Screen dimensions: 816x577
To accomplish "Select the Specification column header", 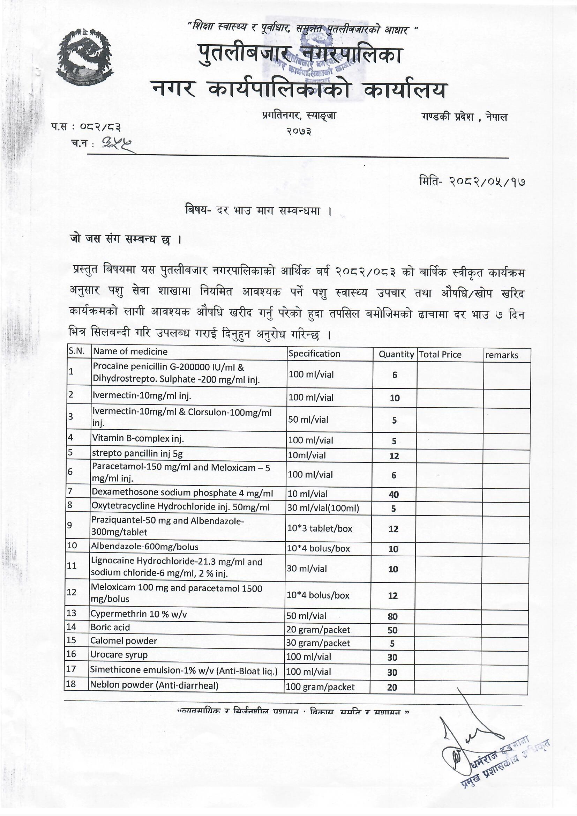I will click(314, 354).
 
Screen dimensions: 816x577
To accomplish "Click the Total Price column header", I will click(440, 354).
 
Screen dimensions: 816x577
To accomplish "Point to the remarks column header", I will click(502, 355).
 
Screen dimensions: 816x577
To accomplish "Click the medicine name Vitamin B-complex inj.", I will click(138, 438).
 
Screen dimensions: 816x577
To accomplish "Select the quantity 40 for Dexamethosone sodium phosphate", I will click(394, 494).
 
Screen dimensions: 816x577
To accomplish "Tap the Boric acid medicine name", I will click(110, 627).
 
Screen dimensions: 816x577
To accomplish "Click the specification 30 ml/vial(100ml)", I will click(323, 508).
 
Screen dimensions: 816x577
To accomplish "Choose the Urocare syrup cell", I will click(119, 655).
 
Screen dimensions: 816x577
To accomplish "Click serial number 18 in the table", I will click(71, 684).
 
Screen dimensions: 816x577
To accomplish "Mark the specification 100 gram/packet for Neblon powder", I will click(320, 687).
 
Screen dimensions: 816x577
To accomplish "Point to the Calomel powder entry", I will click(123, 641).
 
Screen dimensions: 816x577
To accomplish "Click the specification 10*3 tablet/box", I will click(320, 528).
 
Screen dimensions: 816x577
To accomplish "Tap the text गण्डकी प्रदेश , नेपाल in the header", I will click(465, 117).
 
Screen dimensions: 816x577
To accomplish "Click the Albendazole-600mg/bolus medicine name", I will click(145, 547).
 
